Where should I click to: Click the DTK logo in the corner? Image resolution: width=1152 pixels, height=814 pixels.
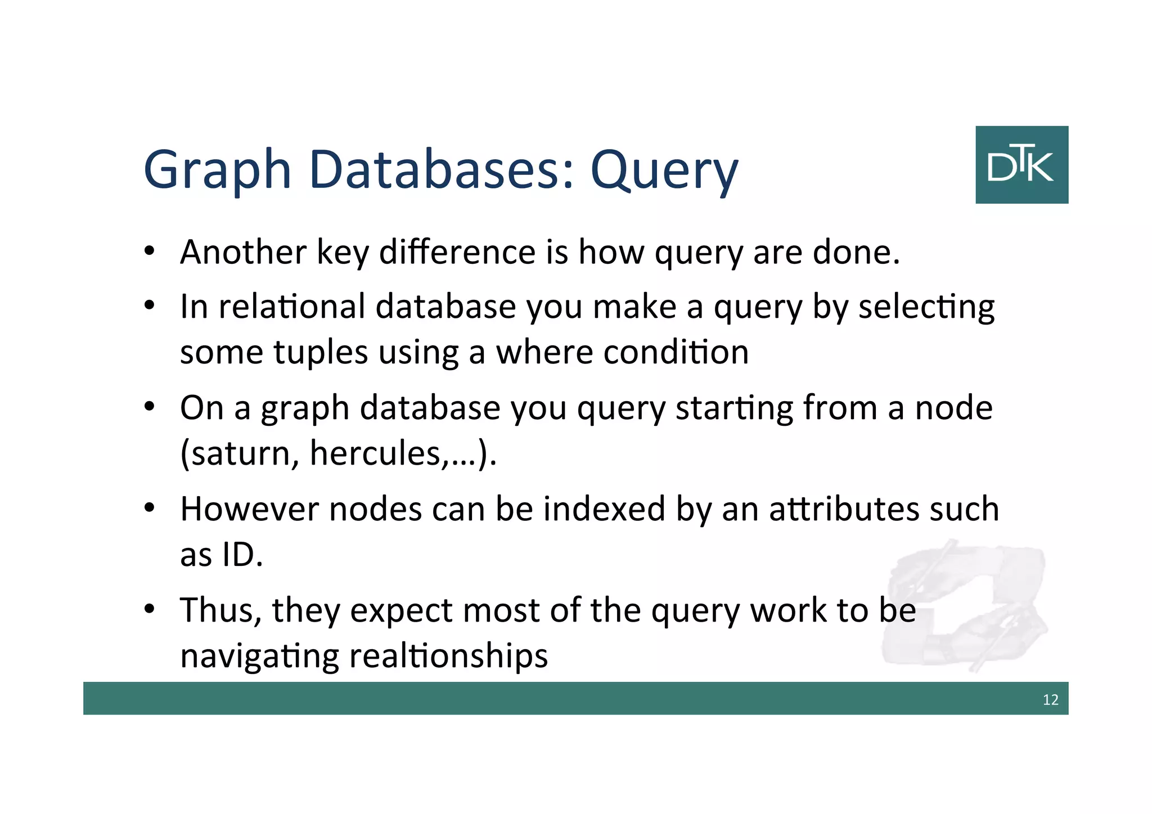(x=1021, y=164)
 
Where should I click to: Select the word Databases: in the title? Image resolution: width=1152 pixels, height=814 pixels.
(x=442, y=169)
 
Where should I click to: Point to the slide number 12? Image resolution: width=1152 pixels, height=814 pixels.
(x=1050, y=700)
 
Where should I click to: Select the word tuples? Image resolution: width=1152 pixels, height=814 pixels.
(x=321, y=353)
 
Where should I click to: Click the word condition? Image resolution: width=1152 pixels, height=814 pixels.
(x=676, y=352)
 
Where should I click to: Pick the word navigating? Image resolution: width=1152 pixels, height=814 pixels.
(x=259, y=656)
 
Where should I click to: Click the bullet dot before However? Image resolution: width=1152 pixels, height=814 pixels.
(x=149, y=509)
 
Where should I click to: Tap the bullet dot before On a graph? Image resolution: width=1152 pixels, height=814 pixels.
(x=149, y=407)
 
